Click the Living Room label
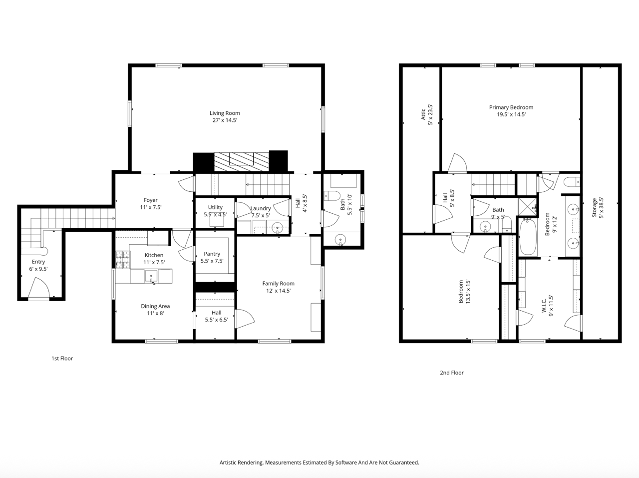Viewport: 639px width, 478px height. coord(225,113)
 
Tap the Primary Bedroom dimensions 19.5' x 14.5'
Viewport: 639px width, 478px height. coord(511,114)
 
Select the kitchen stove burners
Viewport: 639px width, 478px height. coord(123,260)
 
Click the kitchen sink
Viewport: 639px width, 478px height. coord(151,276)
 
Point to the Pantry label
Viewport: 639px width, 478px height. coord(212,254)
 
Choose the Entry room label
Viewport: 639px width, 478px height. coord(38,262)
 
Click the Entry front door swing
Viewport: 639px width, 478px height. coord(39,288)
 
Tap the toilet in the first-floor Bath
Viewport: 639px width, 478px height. coord(332,196)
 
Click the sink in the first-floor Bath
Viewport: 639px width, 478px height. coord(340,240)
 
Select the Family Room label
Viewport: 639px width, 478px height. coord(278,283)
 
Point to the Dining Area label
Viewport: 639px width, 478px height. coord(155,306)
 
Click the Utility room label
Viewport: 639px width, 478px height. coord(215,207)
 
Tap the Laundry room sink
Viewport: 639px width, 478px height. coord(278,228)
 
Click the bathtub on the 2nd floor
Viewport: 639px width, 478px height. coord(528,237)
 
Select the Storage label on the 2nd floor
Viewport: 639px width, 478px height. coord(594,208)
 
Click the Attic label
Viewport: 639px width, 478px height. coord(423,114)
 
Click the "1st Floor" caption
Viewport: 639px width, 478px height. coord(62,359)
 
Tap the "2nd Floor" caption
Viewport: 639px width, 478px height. coord(452,373)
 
